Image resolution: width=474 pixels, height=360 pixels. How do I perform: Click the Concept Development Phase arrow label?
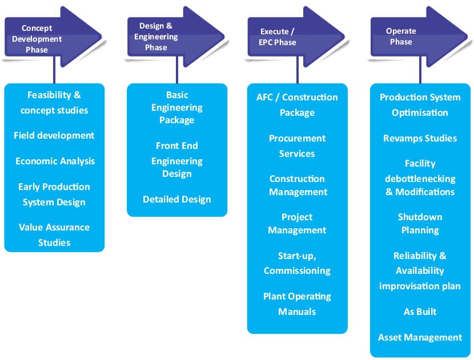click(x=41, y=39)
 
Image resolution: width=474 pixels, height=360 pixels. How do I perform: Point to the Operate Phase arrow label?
click(x=401, y=37)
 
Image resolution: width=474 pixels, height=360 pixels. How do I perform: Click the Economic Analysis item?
click(x=55, y=161)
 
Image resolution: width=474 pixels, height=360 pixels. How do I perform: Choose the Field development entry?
click(x=54, y=135)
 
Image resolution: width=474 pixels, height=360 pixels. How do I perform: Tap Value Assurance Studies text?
click(x=54, y=234)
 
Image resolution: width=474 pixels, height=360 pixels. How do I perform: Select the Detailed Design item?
click(x=177, y=199)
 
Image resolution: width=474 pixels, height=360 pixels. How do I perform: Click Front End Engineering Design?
click(x=177, y=161)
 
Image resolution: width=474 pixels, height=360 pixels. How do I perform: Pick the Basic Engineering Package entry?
click(x=177, y=107)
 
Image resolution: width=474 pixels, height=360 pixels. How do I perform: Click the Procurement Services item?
click(x=297, y=145)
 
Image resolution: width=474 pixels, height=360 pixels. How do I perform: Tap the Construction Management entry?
click(x=297, y=185)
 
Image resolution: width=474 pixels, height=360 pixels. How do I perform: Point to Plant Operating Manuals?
click(x=297, y=304)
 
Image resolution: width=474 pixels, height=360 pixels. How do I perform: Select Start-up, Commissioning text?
click(x=297, y=263)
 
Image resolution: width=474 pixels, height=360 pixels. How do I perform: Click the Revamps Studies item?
click(x=420, y=138)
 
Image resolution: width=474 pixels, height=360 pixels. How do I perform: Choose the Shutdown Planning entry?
click(x=420, y=223)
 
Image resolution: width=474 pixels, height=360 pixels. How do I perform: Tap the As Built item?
click(x=420, y=312)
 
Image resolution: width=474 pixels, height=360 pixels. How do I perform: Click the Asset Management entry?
click(x=420, y=337)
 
